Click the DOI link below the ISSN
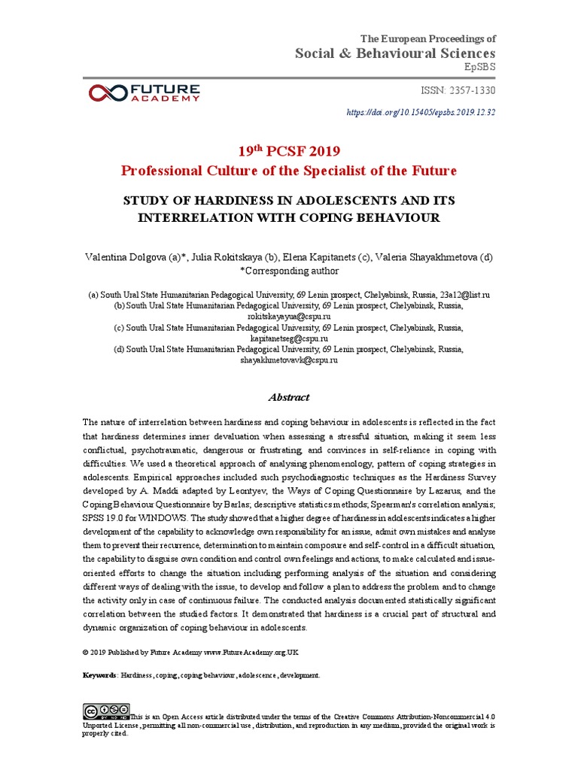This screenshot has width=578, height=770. pos(421,113)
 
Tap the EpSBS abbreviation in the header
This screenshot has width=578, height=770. pos(481,67)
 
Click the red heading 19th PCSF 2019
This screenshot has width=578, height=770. pos(289,150)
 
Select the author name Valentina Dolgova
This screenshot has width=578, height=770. pos(129,257)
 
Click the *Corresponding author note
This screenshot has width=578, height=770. pos(289,271)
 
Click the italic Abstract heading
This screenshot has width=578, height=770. pos(289,397)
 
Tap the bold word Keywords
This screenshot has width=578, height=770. pos(99,675)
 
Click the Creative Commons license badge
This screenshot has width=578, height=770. pos(106,710)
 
